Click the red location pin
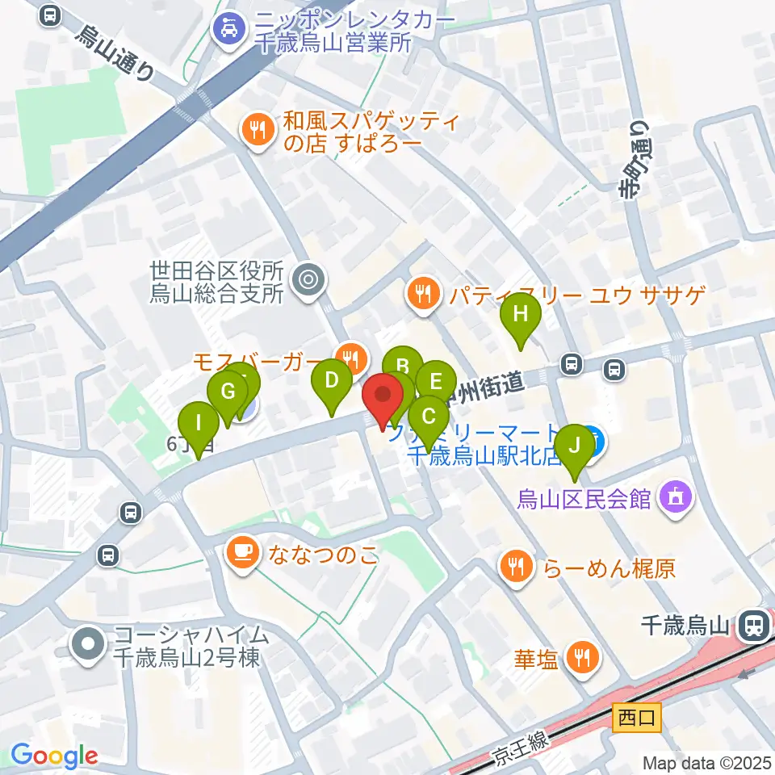click(x=383, y=397)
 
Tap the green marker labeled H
click(x=521, y=316)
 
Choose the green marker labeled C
click(x=429, y=418)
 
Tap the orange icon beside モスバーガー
click(x=351, y=354)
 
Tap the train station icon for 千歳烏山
click(x=753, y=624)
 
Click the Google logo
click(x=55, y=756)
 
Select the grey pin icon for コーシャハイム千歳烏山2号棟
click(x=88, y=645)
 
